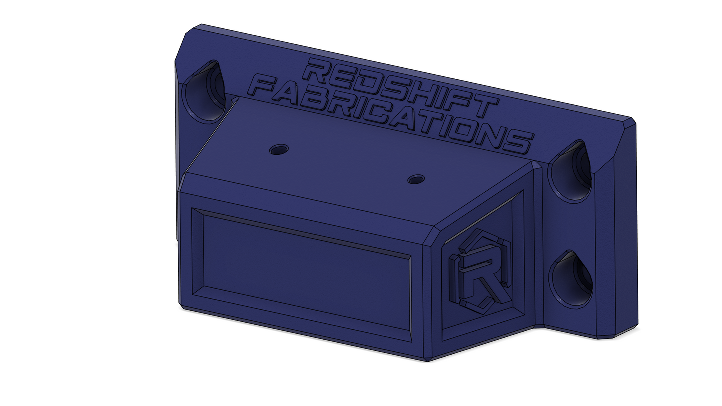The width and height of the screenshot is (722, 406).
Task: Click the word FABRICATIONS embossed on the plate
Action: [391, 114]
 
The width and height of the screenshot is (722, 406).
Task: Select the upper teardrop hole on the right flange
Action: [571, 171]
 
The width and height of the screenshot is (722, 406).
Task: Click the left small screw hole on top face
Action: [279, 149]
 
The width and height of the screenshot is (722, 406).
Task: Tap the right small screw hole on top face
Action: [416, 179]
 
